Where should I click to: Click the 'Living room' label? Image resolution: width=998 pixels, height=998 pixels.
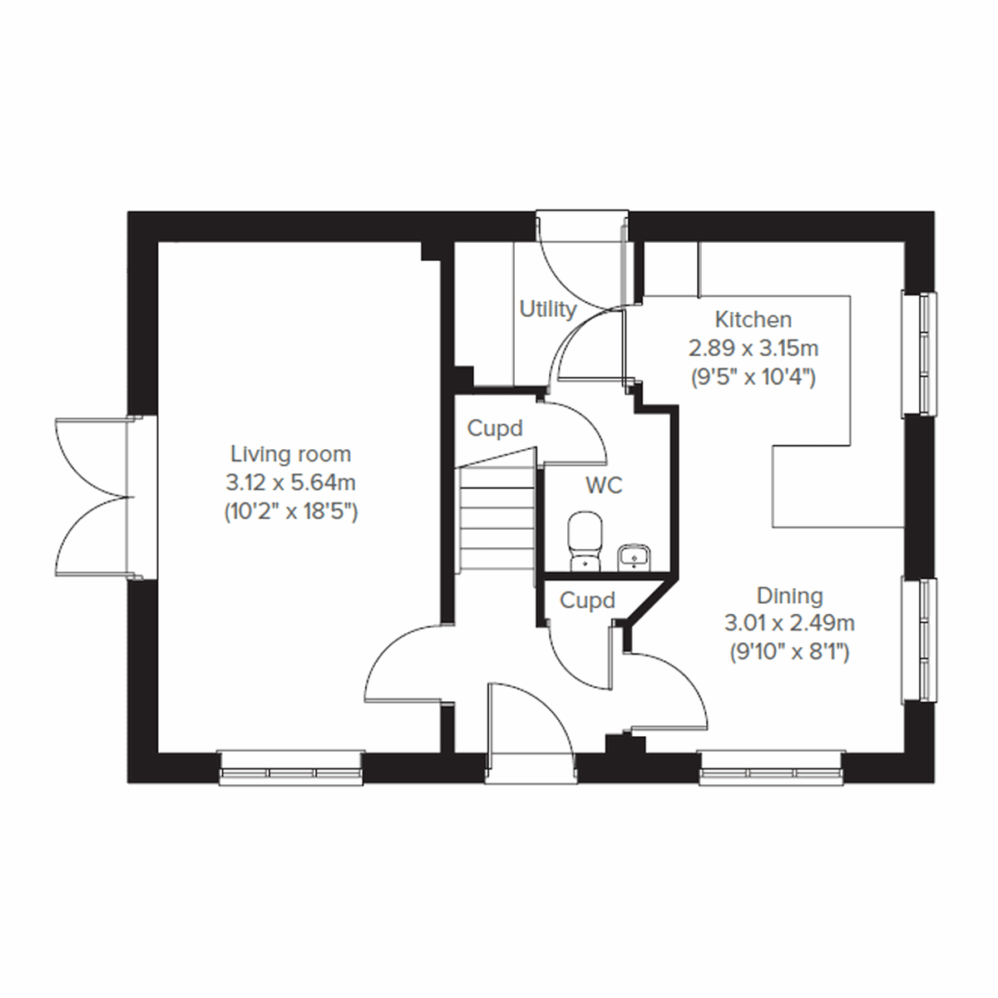290,454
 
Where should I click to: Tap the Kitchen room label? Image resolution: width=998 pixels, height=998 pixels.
753,319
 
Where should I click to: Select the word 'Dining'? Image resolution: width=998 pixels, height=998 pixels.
789,595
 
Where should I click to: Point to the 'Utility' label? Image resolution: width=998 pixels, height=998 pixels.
548,309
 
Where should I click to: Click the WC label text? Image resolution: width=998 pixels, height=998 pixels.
604,485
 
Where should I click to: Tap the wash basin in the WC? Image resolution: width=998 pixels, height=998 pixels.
635,555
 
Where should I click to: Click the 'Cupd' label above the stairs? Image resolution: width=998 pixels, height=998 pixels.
495,429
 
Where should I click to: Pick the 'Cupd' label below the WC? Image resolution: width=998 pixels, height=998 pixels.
587,600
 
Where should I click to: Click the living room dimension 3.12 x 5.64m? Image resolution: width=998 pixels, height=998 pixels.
290,482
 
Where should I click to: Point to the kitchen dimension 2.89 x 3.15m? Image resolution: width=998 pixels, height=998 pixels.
753,348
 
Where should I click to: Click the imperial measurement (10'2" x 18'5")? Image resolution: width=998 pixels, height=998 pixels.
290,511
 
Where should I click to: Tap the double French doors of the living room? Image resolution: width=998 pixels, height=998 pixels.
91,497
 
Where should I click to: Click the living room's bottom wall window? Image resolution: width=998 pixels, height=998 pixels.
291,768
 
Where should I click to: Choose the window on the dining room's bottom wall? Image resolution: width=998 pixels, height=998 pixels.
771,768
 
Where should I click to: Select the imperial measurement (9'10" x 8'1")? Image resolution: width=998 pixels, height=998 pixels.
789,652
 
